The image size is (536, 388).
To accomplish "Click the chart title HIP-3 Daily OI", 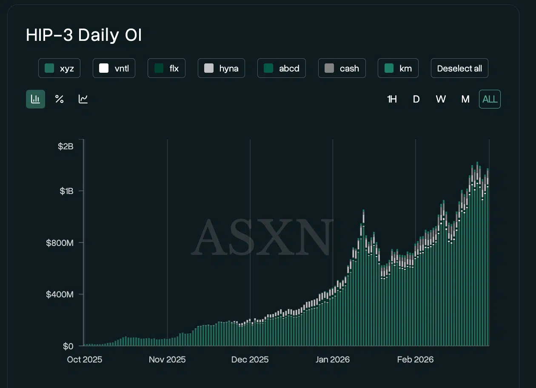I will point(84,35).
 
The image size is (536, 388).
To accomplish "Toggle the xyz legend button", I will point(59,68).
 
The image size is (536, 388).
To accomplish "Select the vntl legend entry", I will point(114,68).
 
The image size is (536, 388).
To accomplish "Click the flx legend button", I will point(166,68).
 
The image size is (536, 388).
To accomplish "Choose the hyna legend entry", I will point(221,68).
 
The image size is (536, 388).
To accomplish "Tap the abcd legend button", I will point(282,68).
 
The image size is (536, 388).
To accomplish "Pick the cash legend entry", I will point(342,68).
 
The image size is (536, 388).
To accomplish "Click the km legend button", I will point(398,68).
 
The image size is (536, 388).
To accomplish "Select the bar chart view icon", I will point(35,99).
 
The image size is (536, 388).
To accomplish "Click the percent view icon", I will point(60,99).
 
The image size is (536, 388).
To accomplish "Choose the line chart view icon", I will point(83,99).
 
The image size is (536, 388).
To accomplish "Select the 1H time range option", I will point(392,99).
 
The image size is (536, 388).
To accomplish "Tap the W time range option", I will point(441,99).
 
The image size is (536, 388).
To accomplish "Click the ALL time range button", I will point(490,99).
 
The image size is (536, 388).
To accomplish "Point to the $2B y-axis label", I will point(66,146).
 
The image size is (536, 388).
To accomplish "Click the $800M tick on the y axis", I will point(60,243).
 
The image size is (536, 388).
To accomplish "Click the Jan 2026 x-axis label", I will point(333,359).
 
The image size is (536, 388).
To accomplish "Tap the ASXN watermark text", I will point(262,237).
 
